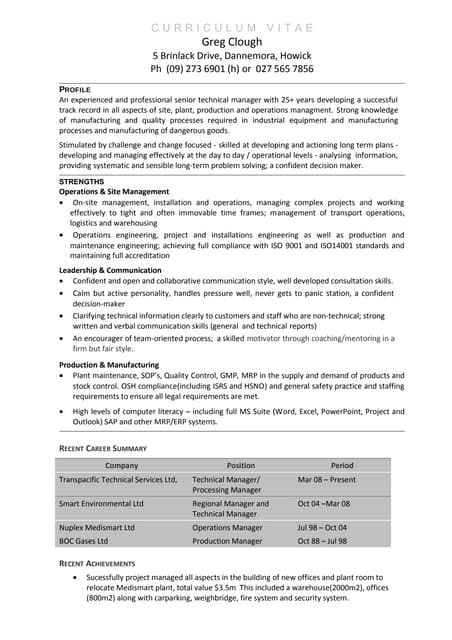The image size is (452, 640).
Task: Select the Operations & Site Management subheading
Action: pyautogui.click(x=114, y=191)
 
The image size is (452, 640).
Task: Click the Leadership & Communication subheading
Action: pyautogui.click(x=110, y=270)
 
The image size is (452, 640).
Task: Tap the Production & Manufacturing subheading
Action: pyautogui.click(x=109, y=365)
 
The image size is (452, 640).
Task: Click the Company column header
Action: pyautogui.click(x=121, y=465)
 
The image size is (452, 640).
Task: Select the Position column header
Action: pyautogui.click(x=241, y=465)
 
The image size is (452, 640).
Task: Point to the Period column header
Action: pyautogui.click(x=342, y=465)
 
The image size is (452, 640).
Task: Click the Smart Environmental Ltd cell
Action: pyautogui.click(x=101, y=504)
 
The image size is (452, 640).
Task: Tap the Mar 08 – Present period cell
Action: pyautogui.click(x=327, y=480)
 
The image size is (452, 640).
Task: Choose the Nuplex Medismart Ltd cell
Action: pyautogui.click(x=97, y=527)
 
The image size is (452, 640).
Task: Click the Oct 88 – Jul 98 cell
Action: pyautogui.click(x=322, y=541)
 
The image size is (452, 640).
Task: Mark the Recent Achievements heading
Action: pyautogui.click(x=103, y=565)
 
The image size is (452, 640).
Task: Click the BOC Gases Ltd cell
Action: pyautogui.click(x=83, y=541)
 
